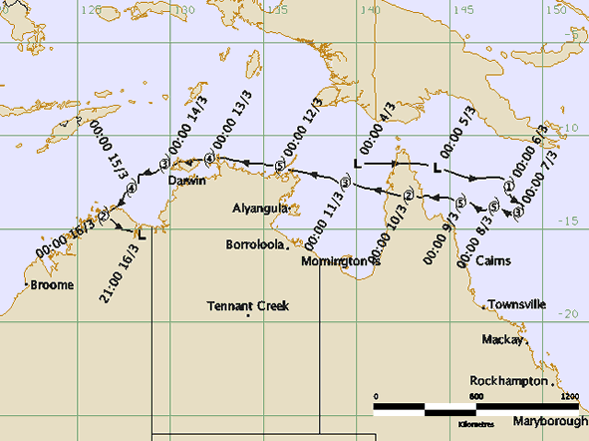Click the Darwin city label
(x=186, y=181)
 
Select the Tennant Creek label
(x=248, y=306)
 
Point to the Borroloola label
(x=254, y=243)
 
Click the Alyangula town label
(x=260, y=209)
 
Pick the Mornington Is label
(x=341, y=260)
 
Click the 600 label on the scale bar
(x=475, y=397)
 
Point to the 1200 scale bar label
(x=569, y=397)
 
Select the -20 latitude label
(x=572, y=314)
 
